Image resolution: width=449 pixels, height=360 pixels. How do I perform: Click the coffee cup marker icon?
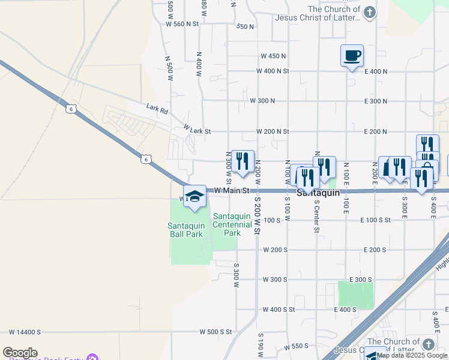pyautogui.click(x=352, y=55)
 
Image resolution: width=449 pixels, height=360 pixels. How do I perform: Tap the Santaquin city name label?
pyautogui.click(x=318, y=193)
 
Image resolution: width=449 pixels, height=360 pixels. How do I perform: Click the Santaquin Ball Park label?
pyautogui.click(x=185, y=230)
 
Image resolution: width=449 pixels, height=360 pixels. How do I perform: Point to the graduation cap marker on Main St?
pyautogui.click(x=194, y=197)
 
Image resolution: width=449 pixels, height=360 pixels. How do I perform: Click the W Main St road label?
pyautogui.click(x=232, y=190)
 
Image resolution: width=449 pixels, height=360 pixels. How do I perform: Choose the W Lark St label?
pyautogui.click(x=197, y=130)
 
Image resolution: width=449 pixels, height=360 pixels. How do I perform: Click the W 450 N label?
pyautogui.click(x=273, y=56)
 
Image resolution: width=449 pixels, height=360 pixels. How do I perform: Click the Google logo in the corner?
pyautogui.click(x=20, y=353)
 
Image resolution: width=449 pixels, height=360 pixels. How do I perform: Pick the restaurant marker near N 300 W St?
pyautogui.click(x=243, y=161)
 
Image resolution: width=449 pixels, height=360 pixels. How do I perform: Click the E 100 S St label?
pyautogui.click(x=376, y=220)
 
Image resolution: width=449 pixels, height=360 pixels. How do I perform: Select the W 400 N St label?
pyautogui.click(x=273, y=71)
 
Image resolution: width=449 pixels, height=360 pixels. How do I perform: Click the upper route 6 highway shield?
pyautogui.click(x=71, y=109)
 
